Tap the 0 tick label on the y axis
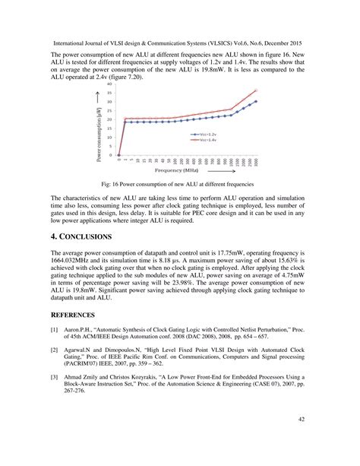[112, 156]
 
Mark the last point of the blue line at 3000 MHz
[256, 101]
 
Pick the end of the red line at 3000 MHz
[256, 90]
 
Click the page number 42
[301, 419]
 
